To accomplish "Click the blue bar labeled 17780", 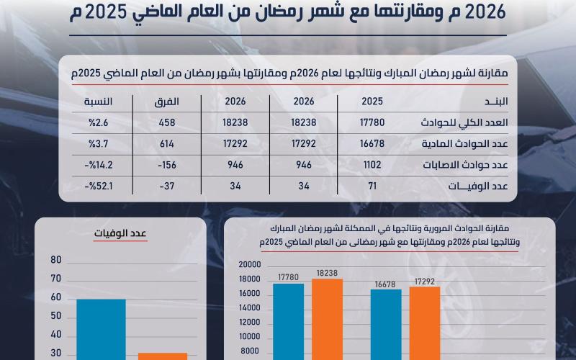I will tap(288, 320).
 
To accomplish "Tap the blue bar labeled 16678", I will tap(386, 324).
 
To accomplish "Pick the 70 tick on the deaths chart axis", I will tap(56, 279).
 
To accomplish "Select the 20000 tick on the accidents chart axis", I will tap(248, 264).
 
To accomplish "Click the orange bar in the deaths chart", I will tap(163, 356).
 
